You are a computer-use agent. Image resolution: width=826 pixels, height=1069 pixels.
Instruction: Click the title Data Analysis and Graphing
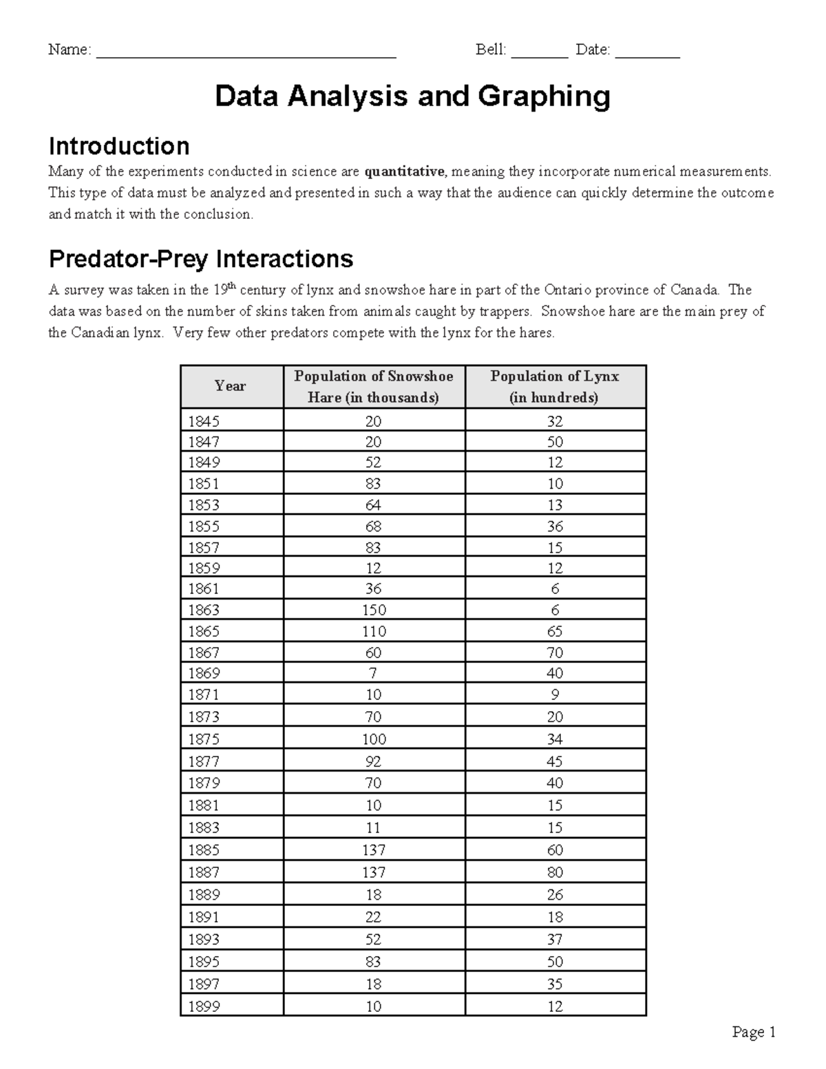pos(412,96)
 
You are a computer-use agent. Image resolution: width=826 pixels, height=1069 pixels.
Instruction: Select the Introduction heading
pos(118,146)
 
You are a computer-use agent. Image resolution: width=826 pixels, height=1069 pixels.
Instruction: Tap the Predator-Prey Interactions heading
pos(200,259)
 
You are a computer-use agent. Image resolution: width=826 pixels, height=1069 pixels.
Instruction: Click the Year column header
pos(230,386)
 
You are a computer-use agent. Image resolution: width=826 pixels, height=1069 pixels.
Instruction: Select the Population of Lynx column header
pos(554,386)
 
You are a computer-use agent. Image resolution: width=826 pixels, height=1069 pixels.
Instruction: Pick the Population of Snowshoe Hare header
pos(373,386)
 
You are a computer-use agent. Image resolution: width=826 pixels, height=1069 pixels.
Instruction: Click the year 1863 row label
pos(204,610)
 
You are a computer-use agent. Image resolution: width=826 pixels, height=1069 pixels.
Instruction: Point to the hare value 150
pos(373,610)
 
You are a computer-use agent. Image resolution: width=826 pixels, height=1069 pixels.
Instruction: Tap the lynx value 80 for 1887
pos(554,872)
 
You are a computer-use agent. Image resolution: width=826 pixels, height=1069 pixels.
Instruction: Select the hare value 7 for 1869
pos(373,673)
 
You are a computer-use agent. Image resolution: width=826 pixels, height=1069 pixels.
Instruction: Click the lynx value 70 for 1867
pos(554,653)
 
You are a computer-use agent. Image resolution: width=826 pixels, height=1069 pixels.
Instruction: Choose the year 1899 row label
pos(204,1006)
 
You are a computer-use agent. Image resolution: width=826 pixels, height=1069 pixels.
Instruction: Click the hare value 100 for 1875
pos(373,739)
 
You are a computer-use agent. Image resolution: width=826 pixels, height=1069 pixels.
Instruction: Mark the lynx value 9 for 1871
pos(554,695)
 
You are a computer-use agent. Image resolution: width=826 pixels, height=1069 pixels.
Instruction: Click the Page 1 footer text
pos(754,1032)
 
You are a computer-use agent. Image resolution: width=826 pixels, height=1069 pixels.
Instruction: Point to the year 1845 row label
pos(204,421)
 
